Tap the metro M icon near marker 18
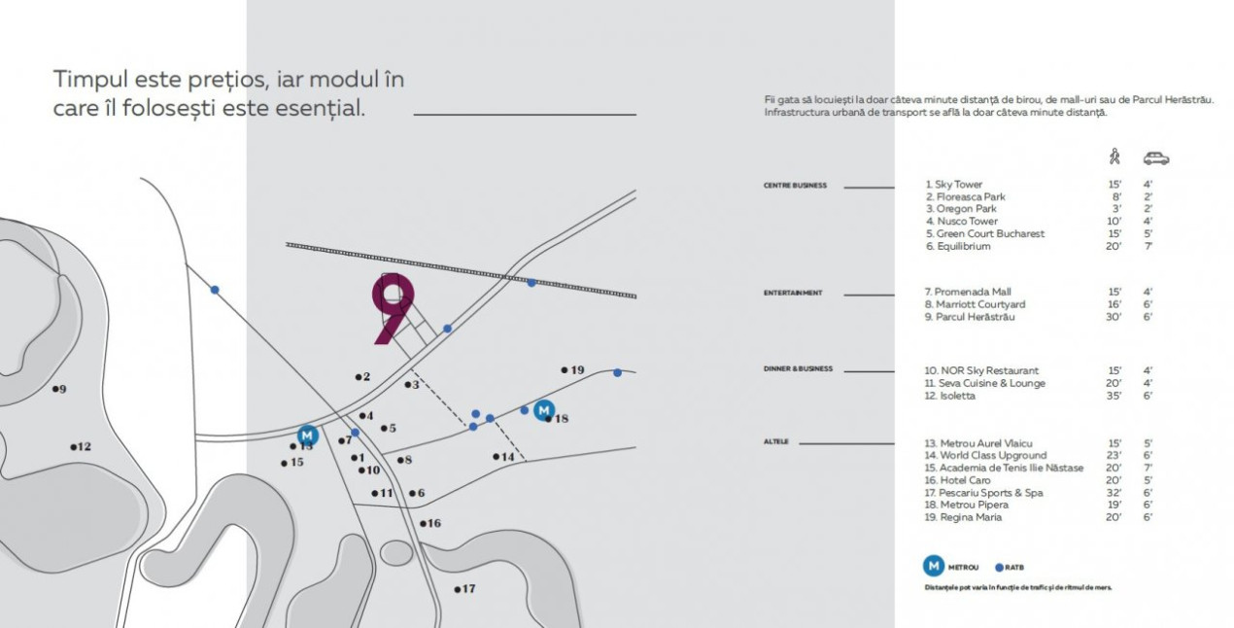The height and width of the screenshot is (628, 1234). click(544, 410)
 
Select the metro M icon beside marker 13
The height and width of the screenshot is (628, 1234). click(308, 435)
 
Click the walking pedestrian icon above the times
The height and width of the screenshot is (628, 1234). click(1114, 157)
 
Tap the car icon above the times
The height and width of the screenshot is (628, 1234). click(1155, 157)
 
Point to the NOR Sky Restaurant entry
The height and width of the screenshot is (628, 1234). click(981, 371)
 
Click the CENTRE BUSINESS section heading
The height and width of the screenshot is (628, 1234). click(795, 186)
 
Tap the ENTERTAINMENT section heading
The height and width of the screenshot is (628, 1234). click(793, 293)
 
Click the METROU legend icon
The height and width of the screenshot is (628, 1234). click(933, 566)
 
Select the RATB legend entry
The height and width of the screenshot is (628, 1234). click(1011, 567)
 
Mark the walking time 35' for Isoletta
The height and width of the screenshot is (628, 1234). click(1114, 397)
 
